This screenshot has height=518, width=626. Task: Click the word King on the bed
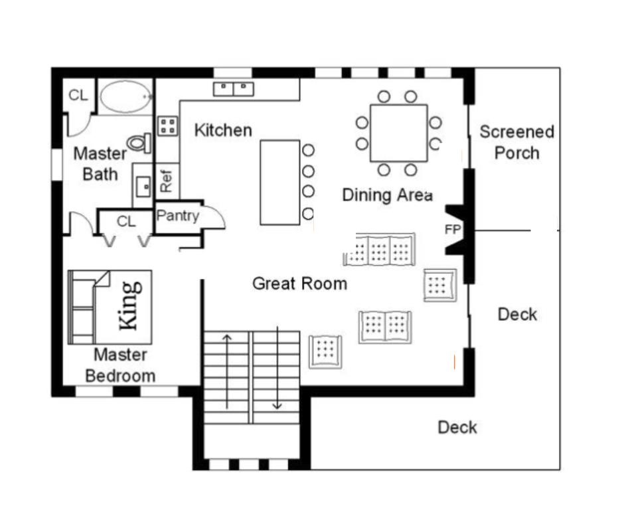point(129,305)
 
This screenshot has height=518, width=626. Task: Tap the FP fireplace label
point(453,230)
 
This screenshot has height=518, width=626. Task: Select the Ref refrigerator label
point(167,181)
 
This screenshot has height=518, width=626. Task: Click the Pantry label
point(177,216)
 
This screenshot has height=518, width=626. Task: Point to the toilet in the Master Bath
point(140,142)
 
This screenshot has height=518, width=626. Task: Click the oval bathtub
point(125,97)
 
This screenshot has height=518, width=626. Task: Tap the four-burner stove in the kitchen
point(167,126)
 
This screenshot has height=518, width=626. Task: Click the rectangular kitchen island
point(280,182)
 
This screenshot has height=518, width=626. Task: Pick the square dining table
point(398,133)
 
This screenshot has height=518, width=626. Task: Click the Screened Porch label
point(516,142)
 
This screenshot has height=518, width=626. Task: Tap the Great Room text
point(299,284)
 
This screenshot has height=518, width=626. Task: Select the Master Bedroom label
point(120,365)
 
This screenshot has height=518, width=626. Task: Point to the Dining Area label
point(387,195)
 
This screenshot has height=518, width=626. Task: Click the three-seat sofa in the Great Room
point(380,250)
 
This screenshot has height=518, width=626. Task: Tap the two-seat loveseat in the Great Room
point(385,327)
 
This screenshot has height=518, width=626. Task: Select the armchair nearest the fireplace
point(439,285)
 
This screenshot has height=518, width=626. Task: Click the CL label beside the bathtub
point(78,95)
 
